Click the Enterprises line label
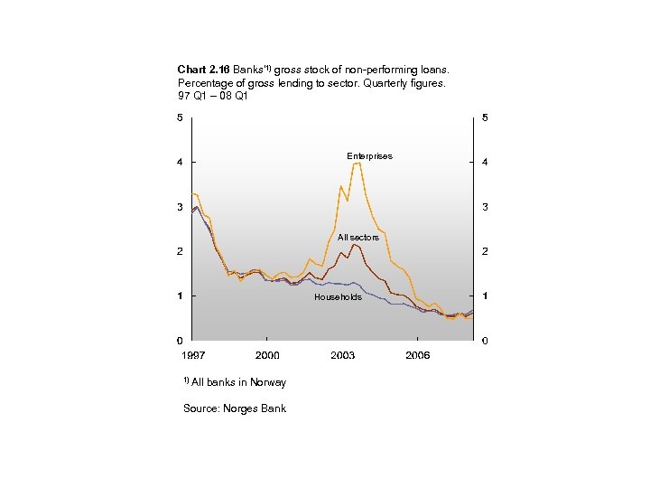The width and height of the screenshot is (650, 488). tap(369, 156)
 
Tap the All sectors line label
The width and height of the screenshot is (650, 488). tap(358, 238)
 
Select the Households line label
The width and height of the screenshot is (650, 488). tap(338, 297)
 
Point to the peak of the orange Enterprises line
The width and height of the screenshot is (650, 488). tap(357, 163)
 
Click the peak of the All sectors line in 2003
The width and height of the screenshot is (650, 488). tap(354, 245)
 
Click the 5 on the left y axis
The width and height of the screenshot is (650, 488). tap(180, 117)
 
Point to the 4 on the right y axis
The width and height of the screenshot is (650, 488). tap(486, 163)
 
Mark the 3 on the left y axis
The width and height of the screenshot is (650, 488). tap(180, 207)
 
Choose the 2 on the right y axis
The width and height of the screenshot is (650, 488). tap(486, 251)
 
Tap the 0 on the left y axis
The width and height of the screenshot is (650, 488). tap(180, 341)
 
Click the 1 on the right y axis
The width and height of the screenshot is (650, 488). tap(486, 296)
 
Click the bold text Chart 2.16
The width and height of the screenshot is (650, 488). tap(204, 70)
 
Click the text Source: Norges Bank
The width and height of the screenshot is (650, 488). tap(235, 408)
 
